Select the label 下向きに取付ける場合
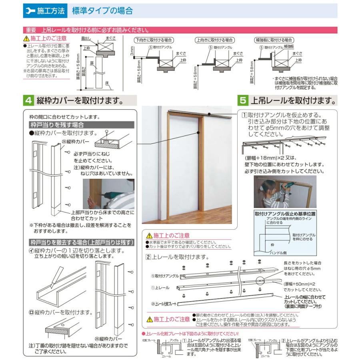pyautogui.click(x=154, y=40)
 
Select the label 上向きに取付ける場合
pyautogui.click(x=215, y=40)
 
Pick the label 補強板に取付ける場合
pyautogui.click(x=274, y=40)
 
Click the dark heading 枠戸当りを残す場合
pyautogui.click(x=55, y=125)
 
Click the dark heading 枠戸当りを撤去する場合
pyautogui.click(x=82, y=242)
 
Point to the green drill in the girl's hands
pyautogui.click(x=287, y=187)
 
